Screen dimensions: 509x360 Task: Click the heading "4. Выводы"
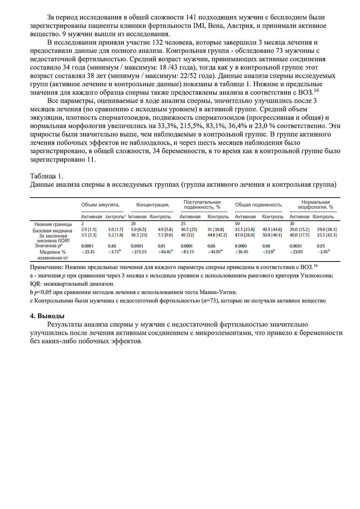pos(47,316)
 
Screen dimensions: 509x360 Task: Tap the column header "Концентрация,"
pos(153,205)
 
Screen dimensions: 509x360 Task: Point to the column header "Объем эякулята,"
pos(100,205)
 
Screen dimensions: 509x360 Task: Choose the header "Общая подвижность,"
pos(259,205)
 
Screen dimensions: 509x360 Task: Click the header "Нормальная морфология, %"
pos(315,205)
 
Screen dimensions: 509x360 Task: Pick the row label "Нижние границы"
pos(53,224)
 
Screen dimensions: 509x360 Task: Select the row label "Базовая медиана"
pos(52,230)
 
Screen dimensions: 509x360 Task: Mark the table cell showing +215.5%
pos(139,252)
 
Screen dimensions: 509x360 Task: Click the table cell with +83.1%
pos(188,252)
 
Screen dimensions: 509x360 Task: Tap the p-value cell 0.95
pos(321,246)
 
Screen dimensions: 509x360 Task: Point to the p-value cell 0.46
pos(112,246)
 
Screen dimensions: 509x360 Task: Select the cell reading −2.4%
pos(323,252)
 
